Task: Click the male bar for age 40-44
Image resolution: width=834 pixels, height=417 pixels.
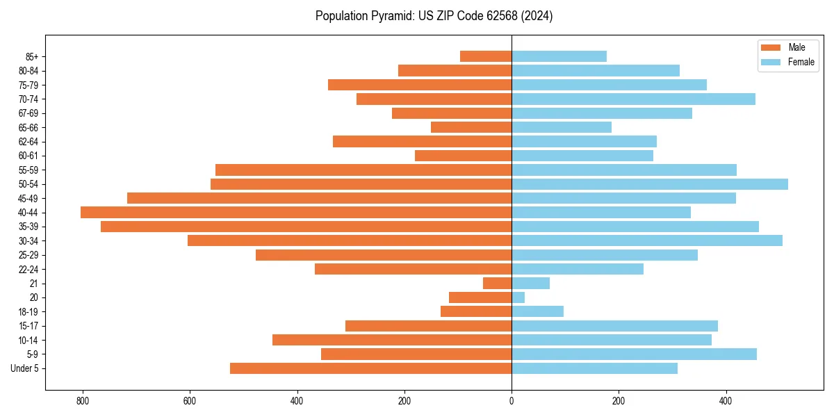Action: tap(296, 213)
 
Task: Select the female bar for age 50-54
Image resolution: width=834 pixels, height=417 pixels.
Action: tap(650, 184)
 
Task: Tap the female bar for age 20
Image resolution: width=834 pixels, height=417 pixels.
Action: tap(518, 297)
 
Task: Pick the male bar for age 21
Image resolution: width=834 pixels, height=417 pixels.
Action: tap(498, 284)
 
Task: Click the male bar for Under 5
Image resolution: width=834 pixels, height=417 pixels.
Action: tap(370, 368)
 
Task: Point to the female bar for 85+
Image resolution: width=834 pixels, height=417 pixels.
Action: tap(559, 56)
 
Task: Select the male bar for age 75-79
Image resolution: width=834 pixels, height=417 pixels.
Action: tap(420, 85)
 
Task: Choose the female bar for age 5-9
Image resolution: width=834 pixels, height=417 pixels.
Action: tap(634, 354)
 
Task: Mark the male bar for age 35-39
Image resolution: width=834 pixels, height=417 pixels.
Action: tap(306, 227)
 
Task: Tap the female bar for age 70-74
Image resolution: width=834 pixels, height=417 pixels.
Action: tap(633, 99)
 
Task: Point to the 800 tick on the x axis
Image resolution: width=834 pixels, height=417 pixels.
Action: tap(83, 401)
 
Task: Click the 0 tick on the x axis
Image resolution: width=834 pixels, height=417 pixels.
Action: tap(512, 401)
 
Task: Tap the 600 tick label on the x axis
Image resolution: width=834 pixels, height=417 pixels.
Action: tap(190, 401)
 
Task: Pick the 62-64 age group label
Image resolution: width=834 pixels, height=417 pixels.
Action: tap(28, 142)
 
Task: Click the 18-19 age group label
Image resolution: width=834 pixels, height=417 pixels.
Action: tap(28, 312)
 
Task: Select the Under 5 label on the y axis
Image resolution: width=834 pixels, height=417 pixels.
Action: tap(25, 368)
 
